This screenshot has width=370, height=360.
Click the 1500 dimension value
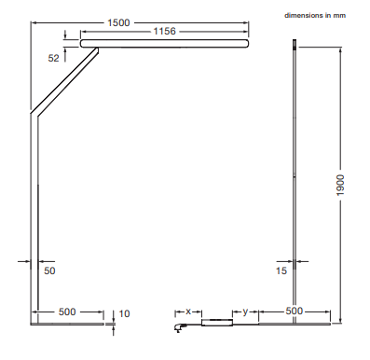pyautogui.click(x=118, y=22)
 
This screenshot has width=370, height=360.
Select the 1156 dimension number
pyautogui.click(x=165, y=31)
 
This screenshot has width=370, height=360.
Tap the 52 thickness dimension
pyautogui.click(x=53, y=58)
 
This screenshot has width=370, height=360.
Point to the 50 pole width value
pyautogui.click(x=49, y=270)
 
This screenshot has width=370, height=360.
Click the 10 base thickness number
pyautogui.click(x=124, y=313)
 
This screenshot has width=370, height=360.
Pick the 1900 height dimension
pyautogui.click(x=341, y=186)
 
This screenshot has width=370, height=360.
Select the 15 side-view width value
pyautogui.click(x=281, y=270)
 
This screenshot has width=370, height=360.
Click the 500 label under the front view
pyautogui.click(x=67, y=312)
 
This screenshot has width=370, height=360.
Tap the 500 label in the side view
pyautogui.click(x=294, y=311)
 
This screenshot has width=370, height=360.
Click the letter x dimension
pyautogui.click(x=188, y=312)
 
